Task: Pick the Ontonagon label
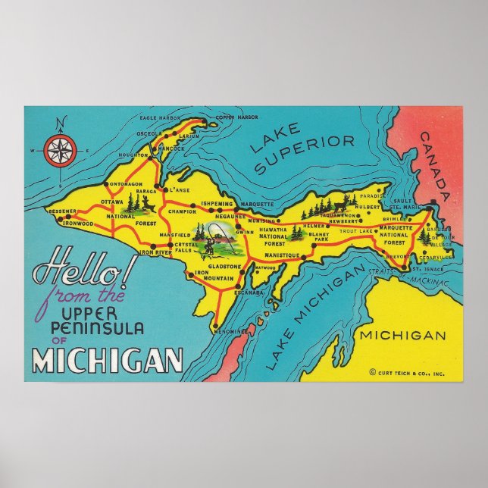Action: [125, 186]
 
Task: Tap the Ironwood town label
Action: [79, 224]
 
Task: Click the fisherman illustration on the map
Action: [213, 239]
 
